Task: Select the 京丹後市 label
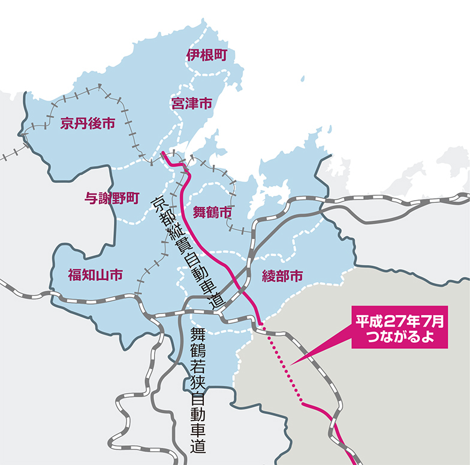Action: pos(88,124)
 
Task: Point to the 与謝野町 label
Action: pos(113,198)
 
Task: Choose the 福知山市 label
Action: pos(95,275)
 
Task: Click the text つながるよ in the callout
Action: pos(400,337)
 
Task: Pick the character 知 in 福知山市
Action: pos(88,275)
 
